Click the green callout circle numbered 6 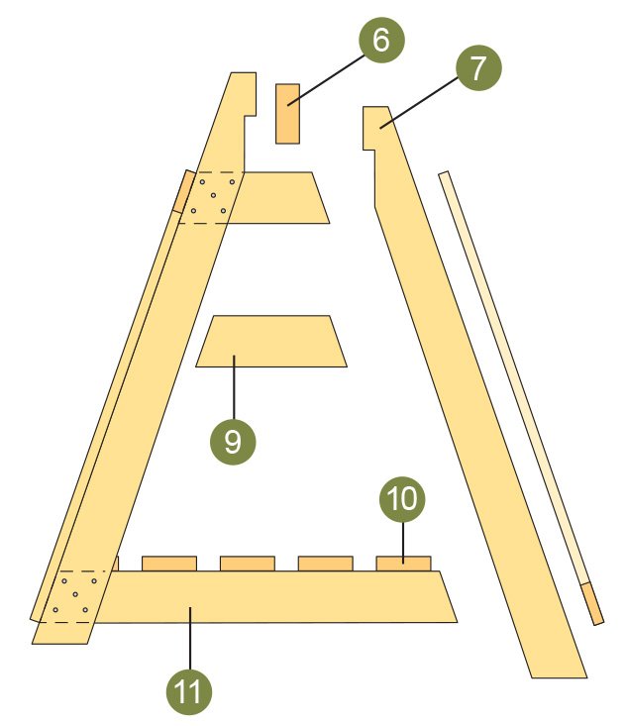(381, 41)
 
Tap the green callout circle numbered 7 (478, 67)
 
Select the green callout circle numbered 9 (233, 442)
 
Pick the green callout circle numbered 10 (402, 499)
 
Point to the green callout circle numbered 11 (189, 692)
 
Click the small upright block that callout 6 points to (287, 114)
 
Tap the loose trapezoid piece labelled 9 (271, 342)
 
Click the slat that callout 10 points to (403, 564)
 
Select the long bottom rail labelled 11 (277, 597)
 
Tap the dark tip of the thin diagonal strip (592, 604)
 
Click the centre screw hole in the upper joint (213, 195)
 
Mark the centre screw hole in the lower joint (75, 594)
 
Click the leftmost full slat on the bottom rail (169, 564)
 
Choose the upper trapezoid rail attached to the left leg (277, 198)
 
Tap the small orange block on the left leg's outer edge (184, 191)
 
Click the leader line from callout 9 (235, 387)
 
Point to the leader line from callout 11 (190, 639)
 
